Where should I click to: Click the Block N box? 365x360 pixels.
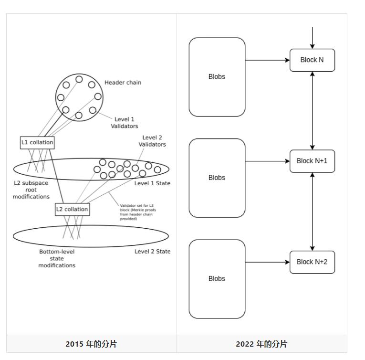tap(312, 60)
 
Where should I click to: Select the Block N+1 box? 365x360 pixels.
tap(312, 161)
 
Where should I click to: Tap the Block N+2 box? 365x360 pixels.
tap(312, 262)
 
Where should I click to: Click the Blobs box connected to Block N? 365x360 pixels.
tap(217, 77)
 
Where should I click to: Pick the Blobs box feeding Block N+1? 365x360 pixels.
tap(217, 178)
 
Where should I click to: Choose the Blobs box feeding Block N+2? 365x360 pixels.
tap(217, 279)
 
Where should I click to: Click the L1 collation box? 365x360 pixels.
tap(37, 142)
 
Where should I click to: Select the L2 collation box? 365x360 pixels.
tap(72, 209)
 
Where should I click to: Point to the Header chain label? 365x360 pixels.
tap(123, 83)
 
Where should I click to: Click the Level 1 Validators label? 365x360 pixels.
tap(124, 123)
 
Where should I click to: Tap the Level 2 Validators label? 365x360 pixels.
tap(152, 141)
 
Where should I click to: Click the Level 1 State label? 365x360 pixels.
tap(152, 183)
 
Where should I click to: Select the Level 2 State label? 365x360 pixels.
tap(152, 252)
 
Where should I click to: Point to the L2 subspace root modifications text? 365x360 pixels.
tap(31, 190)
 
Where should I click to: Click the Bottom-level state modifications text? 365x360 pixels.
tap(57, 258)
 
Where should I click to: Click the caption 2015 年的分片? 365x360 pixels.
tap(91, 344)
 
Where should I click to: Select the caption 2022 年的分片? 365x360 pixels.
tap(261, 344)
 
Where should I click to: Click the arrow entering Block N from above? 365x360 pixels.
tap(312, 38)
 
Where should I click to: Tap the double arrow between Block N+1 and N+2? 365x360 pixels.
tap(312, 212)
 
